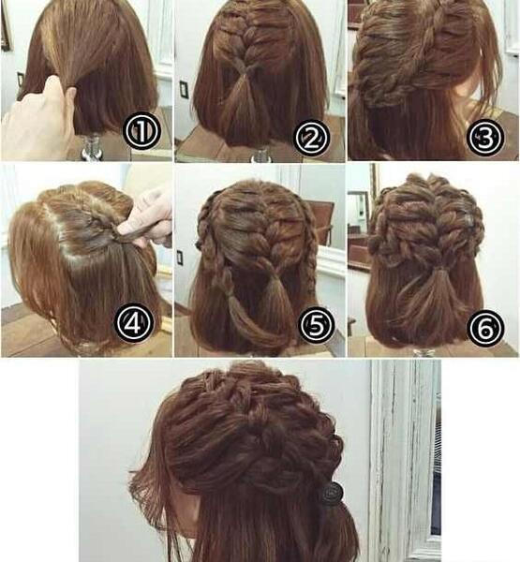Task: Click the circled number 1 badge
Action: [x=141, y=130]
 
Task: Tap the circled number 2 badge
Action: [x=311, y=138]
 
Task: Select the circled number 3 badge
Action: [x=484, y=138]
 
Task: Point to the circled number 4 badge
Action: [x=133, y=322]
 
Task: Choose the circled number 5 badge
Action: [x=317, y=324]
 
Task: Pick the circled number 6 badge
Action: [x=486, y=329]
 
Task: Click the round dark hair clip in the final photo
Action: [x=333, y=492]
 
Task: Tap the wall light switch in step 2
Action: [x=184, y=89]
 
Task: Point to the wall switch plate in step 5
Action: [x=180, y=257]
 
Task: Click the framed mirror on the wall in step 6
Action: [x=359, y=212]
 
